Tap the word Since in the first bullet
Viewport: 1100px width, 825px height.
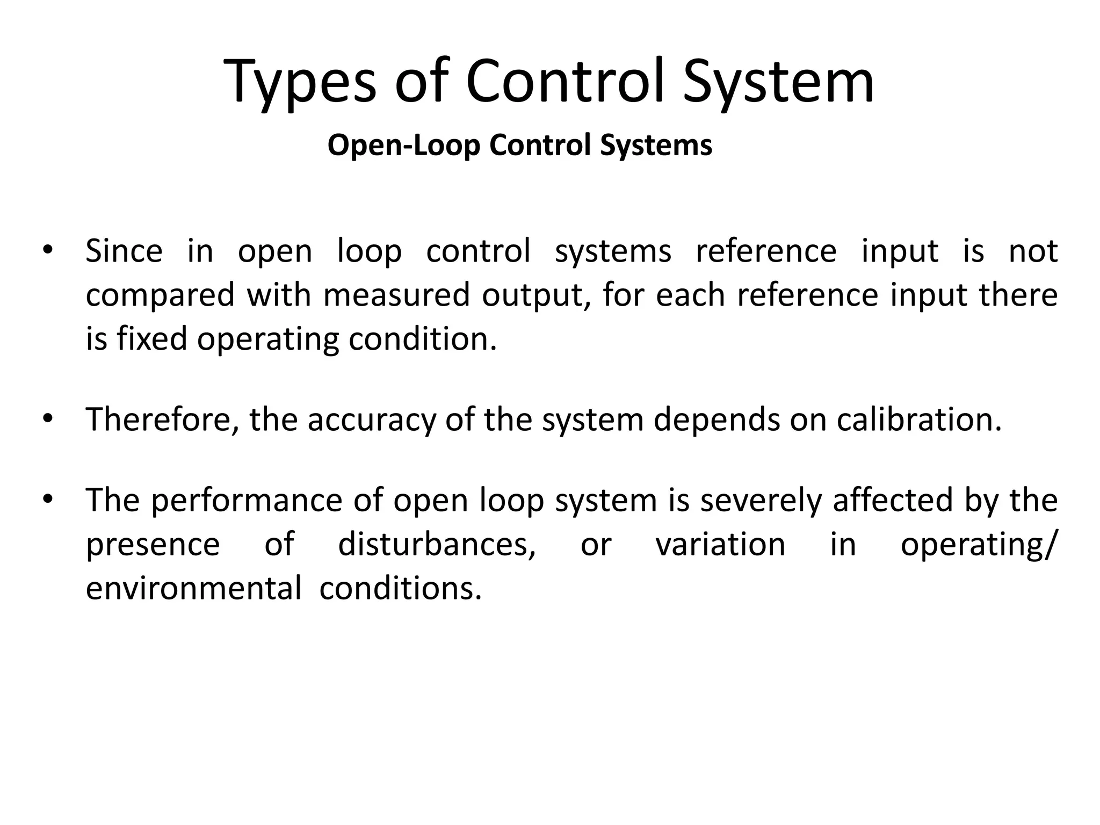click(x=124, y=251)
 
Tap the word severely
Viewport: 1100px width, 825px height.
click(x=761, y=501)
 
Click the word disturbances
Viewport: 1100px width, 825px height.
click(x=437, y=545)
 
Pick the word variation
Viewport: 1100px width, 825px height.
click(x=720, y=545)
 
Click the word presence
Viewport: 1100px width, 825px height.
click(x=153, y=546)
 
